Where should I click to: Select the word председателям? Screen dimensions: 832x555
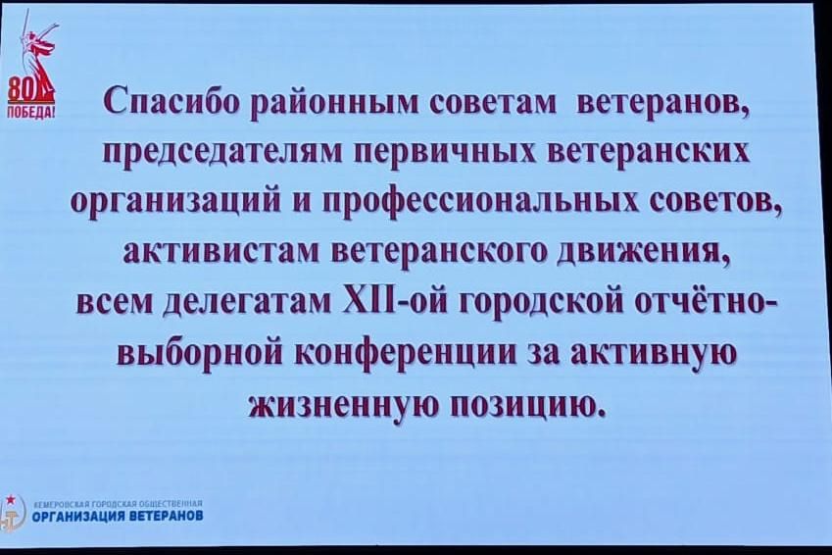(220, 152)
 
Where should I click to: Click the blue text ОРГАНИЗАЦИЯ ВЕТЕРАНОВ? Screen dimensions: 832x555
(118, 515)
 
